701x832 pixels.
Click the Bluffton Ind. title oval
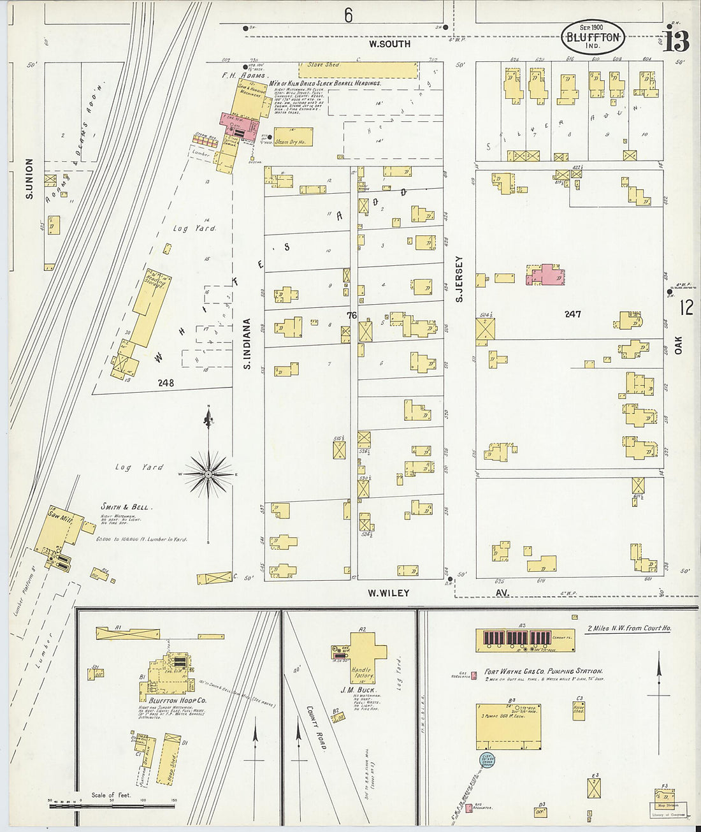pyautogui.click(x=592, y=37)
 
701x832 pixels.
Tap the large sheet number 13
pyautogui.click(x=676, y=40)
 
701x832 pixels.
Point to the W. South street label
pyautogui.click(x=389, y=44)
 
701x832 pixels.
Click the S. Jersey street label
pyautogui.click(x=459, y=279)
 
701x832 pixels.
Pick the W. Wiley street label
pyautogui.click(x=388, y=593)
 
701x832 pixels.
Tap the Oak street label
pyautogui.click(x=678, y=346)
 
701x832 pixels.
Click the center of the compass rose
pyautogui.click(x=208, y=474)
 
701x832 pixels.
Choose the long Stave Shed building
pyautogui.click(x=358, y=69)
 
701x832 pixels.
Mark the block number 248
pyautogui.click(x=166, y=383)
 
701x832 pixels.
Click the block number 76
pyautogui.click(x=352, y=315)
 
